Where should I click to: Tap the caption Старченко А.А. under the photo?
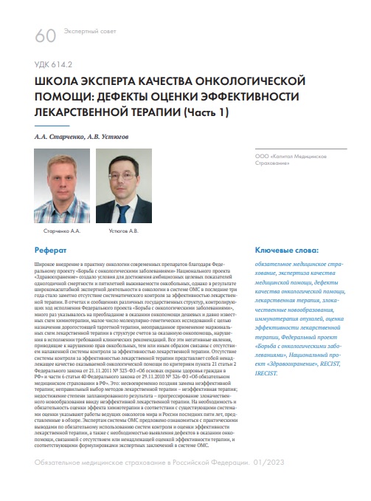point(58,231)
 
